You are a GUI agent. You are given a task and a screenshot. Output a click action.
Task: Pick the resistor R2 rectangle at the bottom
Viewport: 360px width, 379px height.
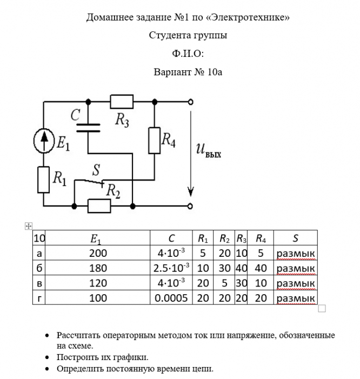click(x=99, y=206)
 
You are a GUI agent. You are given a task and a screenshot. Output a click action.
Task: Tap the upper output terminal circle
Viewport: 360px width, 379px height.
click(x=190, y=101)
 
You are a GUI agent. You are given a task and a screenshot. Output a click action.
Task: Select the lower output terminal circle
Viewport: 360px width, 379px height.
click(x=190, y=206)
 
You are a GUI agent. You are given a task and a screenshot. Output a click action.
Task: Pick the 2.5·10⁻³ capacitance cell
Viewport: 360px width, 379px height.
click(x=169, y=268)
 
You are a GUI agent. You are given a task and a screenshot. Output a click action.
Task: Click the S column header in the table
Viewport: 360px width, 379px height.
click(x=295, y=238)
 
